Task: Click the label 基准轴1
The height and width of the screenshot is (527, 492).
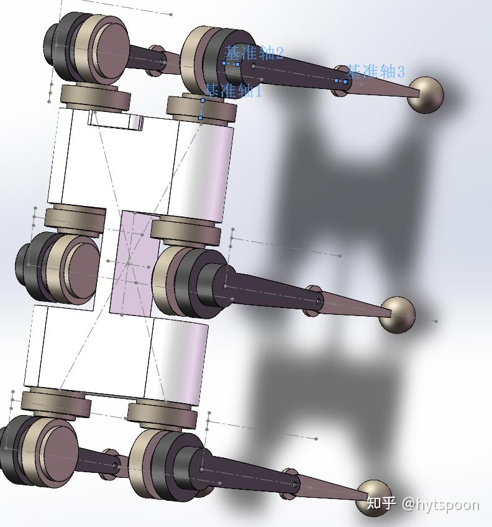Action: click(x=233, y=91)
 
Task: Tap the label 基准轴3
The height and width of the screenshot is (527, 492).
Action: click(x=375, y=72)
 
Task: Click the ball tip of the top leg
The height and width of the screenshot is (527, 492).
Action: click(x=426, y=95)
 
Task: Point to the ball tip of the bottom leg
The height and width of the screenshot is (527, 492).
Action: click(x=375, y=497)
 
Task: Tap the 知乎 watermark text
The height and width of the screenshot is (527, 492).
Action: click(x=381, y=503)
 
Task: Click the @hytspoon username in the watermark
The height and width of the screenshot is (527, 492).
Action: click(x=440, y=503)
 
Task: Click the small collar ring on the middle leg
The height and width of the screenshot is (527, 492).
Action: click(x=314, y=301)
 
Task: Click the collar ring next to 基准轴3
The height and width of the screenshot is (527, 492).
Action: click(x=340, y=82)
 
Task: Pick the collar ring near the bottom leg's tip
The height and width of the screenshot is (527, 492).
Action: click(x=289, y=483)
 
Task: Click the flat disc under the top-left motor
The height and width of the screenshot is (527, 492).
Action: click(x=96, y=96)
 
